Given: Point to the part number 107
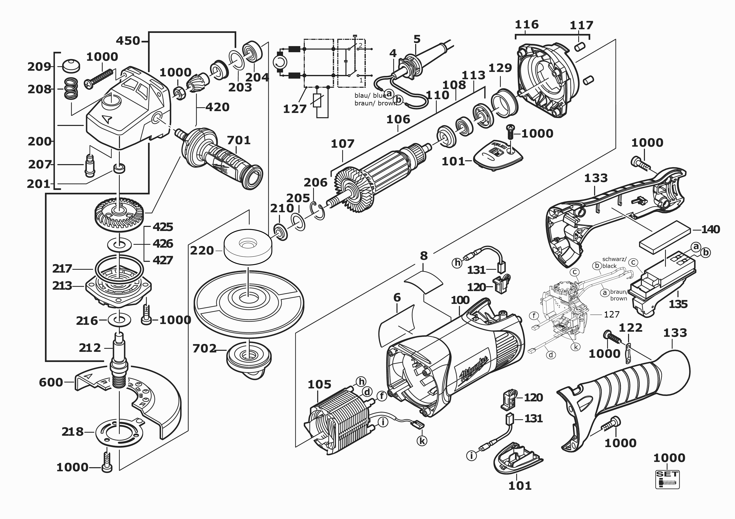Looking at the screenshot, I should (343, 144).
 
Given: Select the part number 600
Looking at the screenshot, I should (51, 382).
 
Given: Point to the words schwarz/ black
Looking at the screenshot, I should (614, 262).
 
